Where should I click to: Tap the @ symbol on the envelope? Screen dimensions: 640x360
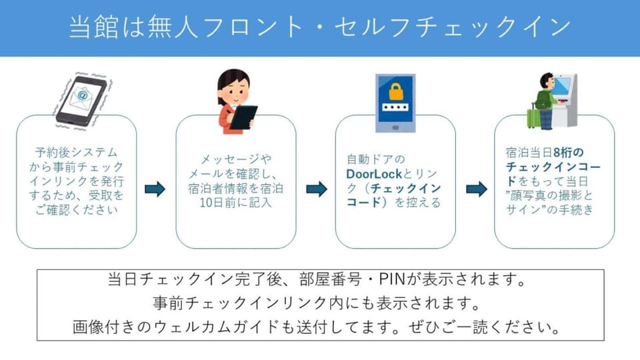pyautogui.click(x=83, y=95)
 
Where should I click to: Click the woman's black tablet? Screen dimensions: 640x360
pyautogui.click(x=243, y=117)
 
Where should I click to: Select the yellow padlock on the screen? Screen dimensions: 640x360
pyautogui.click(x=395, y=91)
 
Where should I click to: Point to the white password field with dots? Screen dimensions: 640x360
pyautogui.click(x=395, y=107)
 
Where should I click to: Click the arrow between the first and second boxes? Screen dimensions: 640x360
pyautogui.click(x=155, y=189)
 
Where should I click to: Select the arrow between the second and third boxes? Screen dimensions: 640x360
pyautogui.click(x=317, y=189)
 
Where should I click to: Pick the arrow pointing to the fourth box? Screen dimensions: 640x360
pyautogui.click(x=477, y=189)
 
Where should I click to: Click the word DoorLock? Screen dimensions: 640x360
pyautogui.click(x=374, y=174)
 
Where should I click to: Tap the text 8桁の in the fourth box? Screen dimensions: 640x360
pyautogui.click(x=569, y=153)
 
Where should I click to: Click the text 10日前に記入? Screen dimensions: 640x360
pyautogui.click(x=235, y=203)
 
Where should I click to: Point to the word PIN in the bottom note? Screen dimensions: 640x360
pyautogui.click(x=392, y=279)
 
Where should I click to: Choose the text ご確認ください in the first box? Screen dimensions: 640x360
pyautogui.click(x=76, y=210)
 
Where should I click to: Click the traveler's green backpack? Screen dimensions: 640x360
pyautogui.click(x=543, y=99)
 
